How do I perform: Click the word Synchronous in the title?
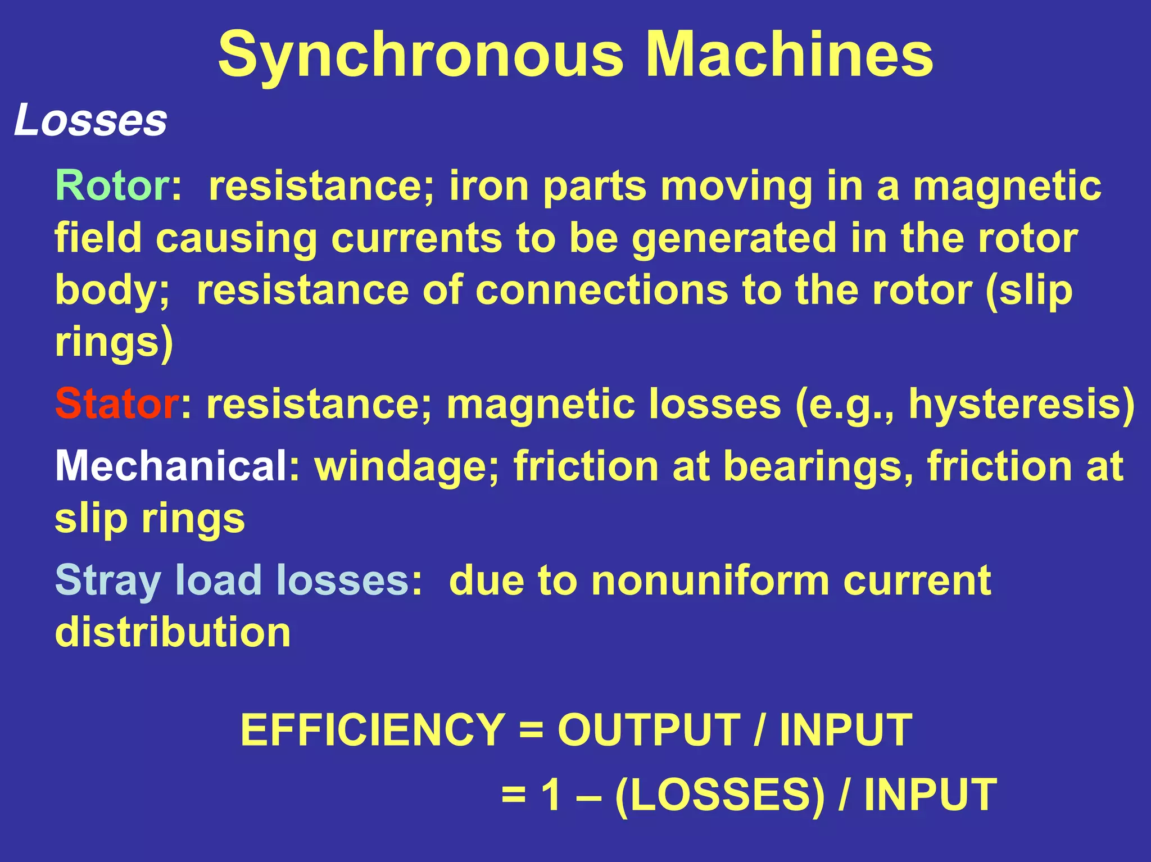(420, 55)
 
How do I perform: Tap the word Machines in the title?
(789, 55)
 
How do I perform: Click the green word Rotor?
(112, 185)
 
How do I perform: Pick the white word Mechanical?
(171, 466)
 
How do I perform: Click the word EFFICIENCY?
(372, 730)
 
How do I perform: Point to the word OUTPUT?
(649, 730)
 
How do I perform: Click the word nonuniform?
(710, 580)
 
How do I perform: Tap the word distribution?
(173, 632)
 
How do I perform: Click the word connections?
(601, 290)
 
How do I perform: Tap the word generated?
(733, 238)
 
